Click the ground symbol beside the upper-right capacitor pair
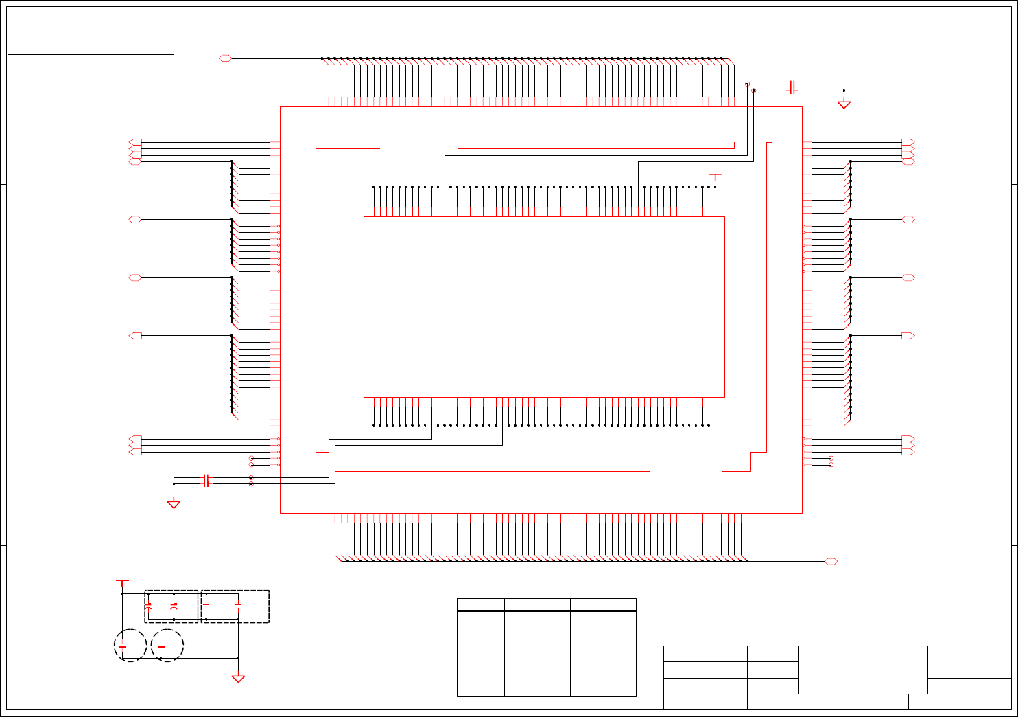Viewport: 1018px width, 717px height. click(844, 104)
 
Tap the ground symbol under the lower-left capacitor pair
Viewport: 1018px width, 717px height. click(174, 504)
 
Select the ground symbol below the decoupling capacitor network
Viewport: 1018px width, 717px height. click(238, 679)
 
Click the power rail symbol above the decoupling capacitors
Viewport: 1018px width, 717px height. click(122, 581)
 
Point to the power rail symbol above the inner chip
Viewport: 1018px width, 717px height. click(715, 176)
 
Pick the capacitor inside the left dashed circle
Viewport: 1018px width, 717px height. click(123, 646)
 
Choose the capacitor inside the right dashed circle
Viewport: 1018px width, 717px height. click(161, 646)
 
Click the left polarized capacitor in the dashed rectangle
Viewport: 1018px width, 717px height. click(149, 606)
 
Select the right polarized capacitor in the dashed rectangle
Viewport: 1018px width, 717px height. click(174, 606)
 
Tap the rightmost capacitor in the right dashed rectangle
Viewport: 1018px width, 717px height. click(238, 606)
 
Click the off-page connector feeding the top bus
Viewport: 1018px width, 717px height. click(225, 58)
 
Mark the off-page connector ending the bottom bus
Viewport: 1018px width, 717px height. click(831, 562)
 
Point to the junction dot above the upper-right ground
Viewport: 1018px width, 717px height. click(844, 90)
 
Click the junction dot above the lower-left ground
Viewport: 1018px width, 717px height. click(174, 483)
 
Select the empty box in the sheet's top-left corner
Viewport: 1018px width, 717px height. click(90, 30)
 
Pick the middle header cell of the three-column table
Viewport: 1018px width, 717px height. click(537, 604)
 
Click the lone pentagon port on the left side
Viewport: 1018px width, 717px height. click(136, 336)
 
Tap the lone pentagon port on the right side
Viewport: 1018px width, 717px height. click(908, 336)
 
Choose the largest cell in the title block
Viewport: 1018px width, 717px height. click(863, 670)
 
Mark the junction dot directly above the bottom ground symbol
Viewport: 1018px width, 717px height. click(238, 658)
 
